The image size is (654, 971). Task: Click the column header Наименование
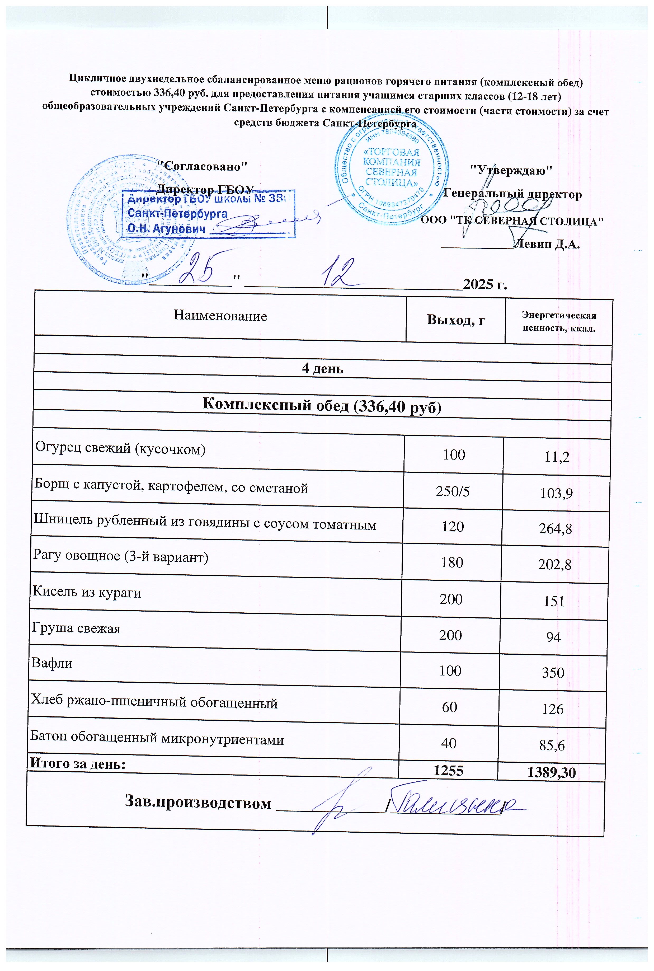pos(220,316)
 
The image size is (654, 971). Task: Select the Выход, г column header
pos(456,320)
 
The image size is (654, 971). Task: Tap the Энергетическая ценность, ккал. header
pos(559,322)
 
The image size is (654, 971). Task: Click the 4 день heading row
pos(322,369)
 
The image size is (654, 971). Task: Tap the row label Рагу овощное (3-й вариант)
pos(121,557)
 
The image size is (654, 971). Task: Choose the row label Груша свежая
pos(76,628)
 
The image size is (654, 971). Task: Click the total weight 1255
pos(448,770)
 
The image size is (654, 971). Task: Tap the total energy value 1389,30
pos(551,773)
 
